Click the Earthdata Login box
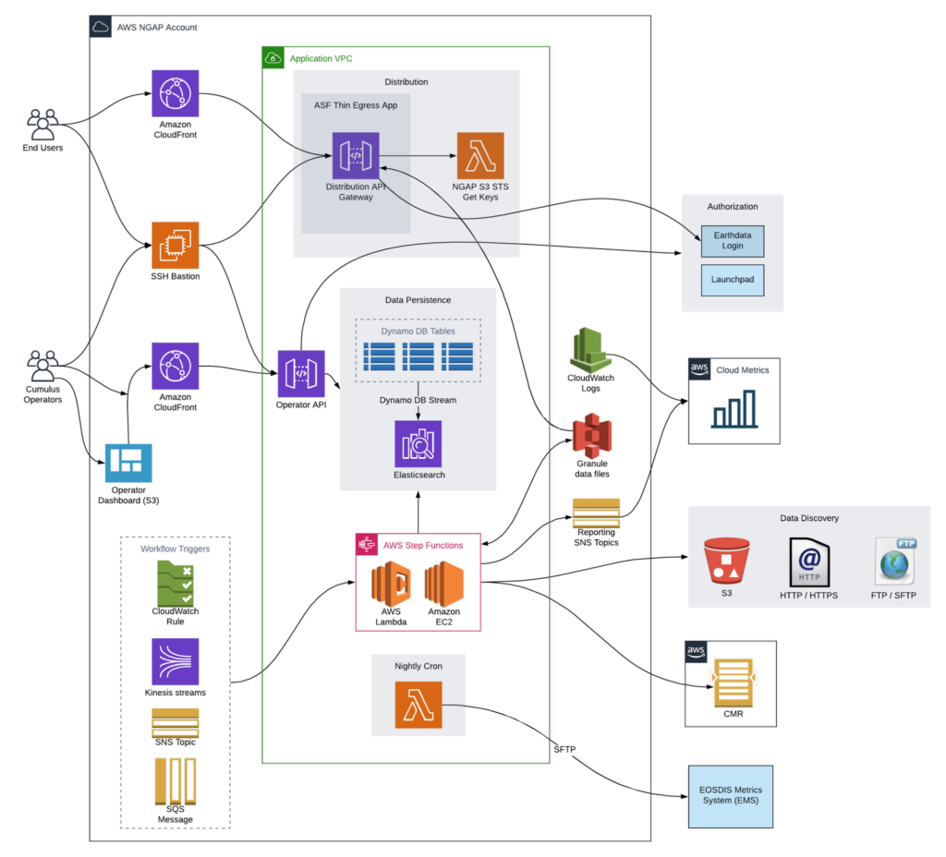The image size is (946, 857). [x=733, y=241]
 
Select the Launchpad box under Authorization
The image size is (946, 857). [x=733, y=279]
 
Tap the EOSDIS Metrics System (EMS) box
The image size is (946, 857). [x=730, y=796]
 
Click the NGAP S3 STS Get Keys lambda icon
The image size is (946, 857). [x=480, y=156]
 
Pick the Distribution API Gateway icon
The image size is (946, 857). [x=356, y=156]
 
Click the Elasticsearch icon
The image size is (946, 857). [x=418, y=444]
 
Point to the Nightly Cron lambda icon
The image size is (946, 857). [x=418, y=706]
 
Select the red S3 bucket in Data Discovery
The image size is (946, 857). [x=726, y=561]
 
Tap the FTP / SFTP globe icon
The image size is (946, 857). [x=894, y=561]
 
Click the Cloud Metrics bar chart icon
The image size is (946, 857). [x=734, y=409]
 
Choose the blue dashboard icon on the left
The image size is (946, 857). [x=128, y=464]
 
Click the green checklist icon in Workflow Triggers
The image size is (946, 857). [x=176, y=585]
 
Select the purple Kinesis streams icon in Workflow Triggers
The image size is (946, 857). [x=176, y=662]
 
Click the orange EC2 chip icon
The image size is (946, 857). [x=176, y=245]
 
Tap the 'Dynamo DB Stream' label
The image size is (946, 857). [x=418, y=400]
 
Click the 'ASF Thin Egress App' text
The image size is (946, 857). [x=356, y=106]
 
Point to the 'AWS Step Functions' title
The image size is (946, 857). [x=423, y=546]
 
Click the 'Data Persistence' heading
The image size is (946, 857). [x=418, y=300]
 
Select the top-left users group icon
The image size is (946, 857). [x=42, y=125]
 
